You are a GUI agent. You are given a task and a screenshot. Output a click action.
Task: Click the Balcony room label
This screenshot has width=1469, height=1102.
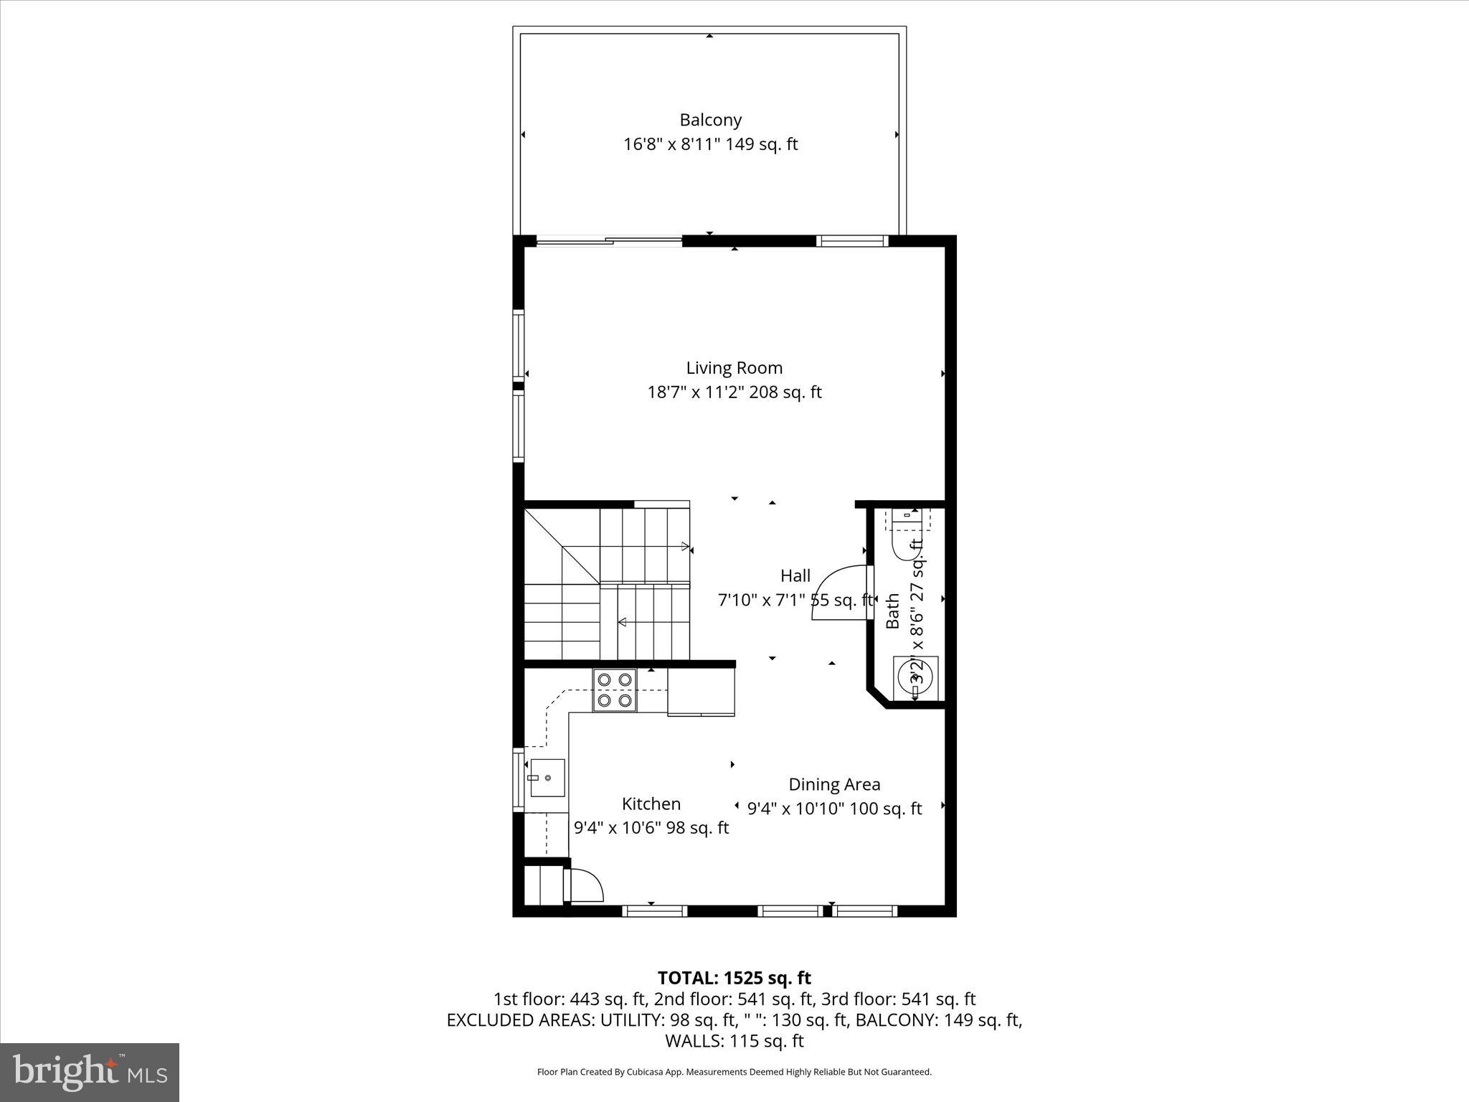click(x=710, y=120)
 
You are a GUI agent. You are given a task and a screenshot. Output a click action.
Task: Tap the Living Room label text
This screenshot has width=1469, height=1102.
click(x=734, y=368)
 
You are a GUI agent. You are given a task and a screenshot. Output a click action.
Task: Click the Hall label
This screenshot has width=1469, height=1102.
click(x=795, y=575)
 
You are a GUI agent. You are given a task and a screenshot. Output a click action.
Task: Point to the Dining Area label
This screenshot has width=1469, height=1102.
click(x=833, y=784)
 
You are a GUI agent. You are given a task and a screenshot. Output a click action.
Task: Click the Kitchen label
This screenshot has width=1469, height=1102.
click(x=651, y=804)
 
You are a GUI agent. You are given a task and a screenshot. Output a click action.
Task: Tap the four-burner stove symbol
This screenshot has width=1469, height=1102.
click(x=614, y=689)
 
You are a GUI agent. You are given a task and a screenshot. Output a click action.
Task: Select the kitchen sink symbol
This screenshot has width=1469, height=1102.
click(x=547, y=778)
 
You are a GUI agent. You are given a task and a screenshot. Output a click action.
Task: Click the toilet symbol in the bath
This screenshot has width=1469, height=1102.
click(x=907, y=534)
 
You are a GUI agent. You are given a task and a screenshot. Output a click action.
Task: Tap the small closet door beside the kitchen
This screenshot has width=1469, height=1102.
click(x=585, y=885)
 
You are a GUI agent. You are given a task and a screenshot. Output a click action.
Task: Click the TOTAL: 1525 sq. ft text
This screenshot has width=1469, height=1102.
click(x=734, y=978)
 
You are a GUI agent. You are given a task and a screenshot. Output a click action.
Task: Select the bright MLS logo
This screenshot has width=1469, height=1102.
click(x=90, y=1072)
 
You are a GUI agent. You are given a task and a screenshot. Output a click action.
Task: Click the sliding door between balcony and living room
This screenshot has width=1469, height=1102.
click(x=610, y=242)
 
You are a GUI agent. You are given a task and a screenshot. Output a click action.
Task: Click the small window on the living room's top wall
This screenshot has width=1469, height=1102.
click(x=851, y=241)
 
